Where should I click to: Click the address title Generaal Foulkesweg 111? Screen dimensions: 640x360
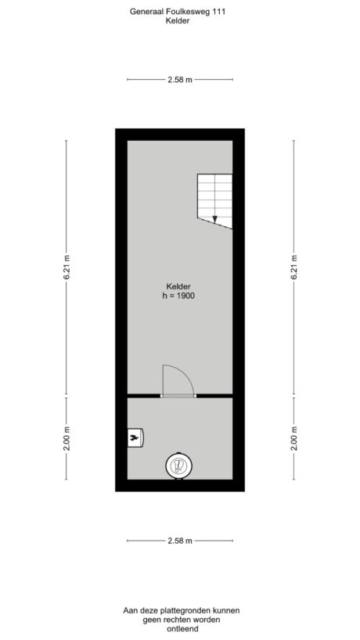[x=180, y=12]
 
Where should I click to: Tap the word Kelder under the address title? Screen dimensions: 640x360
[x=179, y=22]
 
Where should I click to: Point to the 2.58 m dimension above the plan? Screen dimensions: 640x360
[x=179, y=80]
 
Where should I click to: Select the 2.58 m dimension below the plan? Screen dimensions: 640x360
[x=179, y=541]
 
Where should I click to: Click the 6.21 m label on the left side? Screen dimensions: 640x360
[x=67, y=267]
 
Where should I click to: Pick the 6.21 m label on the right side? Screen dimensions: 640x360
[x=293, y=267]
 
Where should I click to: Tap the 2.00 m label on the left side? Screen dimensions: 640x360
[x=67, y=441]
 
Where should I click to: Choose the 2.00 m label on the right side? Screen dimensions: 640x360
[x=293, y=441]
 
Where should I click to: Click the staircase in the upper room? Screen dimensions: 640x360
[x=214, y=200]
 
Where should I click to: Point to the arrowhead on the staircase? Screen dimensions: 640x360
[x=214, y=219]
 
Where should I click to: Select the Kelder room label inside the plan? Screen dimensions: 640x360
[x=178, y=286]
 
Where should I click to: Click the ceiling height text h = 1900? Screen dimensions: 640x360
[x=178, y=297]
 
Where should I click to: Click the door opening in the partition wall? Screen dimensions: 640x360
[x=178, y=397]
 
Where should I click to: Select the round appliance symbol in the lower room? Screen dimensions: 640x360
[x=178, y=466]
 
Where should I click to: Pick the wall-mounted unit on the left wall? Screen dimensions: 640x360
[x=134, y=439]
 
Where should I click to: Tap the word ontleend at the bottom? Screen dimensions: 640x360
[x=181, y=629]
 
